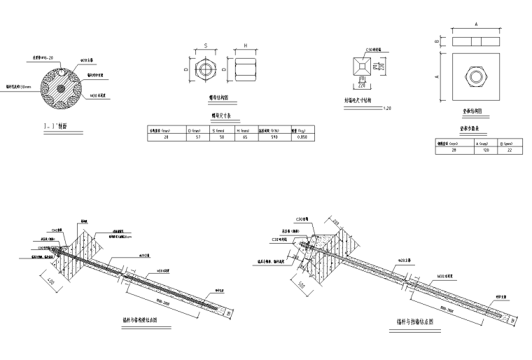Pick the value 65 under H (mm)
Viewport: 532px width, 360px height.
245,137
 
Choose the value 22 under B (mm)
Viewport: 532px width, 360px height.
510,150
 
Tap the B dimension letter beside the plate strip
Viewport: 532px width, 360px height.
437,41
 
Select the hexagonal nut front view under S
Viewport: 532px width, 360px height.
205,69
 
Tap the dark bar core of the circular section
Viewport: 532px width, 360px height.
62,88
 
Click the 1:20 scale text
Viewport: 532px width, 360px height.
387,107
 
